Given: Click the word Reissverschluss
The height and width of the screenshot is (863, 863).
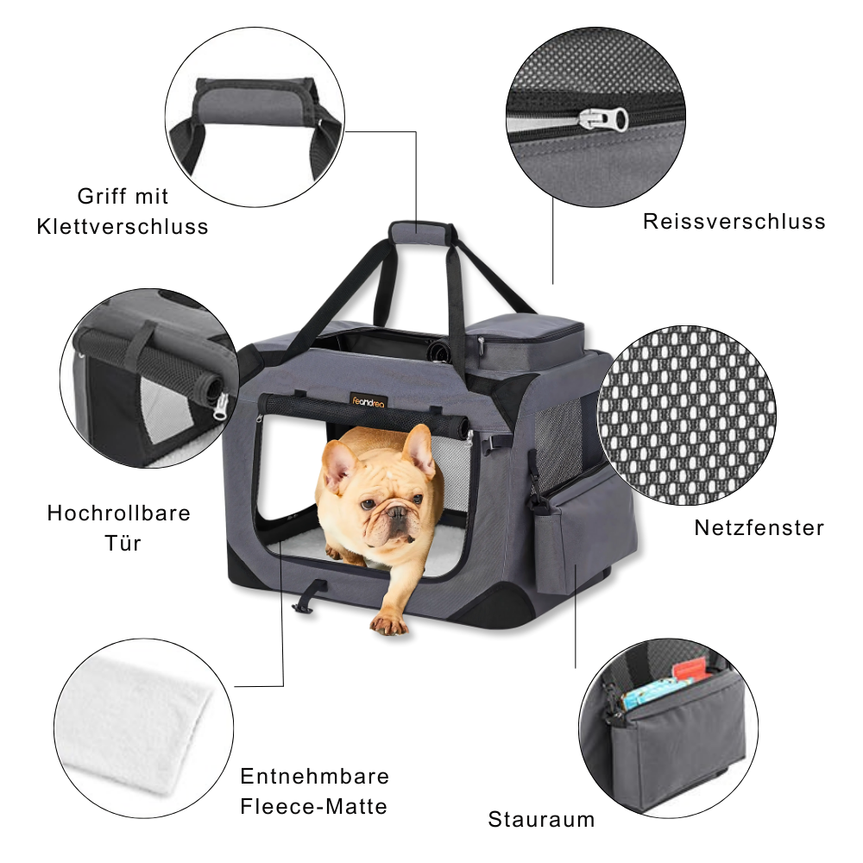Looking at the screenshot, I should pos(734,222).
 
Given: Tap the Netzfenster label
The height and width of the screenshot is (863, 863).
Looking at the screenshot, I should pos(759,527).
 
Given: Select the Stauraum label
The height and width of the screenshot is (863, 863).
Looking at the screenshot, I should pos(541,819).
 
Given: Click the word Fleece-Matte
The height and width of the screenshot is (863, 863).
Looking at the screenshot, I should pos(313,807).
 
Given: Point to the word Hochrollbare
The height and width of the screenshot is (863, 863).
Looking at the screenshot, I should pos(118,513).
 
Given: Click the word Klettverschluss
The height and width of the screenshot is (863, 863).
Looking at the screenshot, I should pos(123,227).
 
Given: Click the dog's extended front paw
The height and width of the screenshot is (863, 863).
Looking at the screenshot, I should pos(387,622).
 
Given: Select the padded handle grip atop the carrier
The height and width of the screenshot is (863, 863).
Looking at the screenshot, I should pos(420,230).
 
